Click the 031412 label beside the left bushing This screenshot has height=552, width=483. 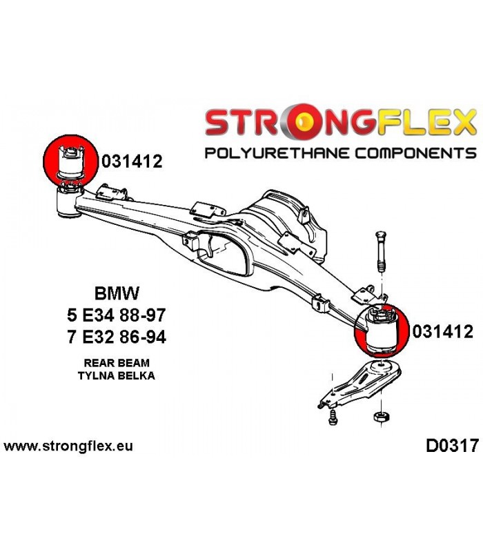(132, 161)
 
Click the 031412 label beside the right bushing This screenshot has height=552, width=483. (443, 331)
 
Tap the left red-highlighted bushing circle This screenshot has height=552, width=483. (70, 160)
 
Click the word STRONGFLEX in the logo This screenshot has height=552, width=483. (340, 122)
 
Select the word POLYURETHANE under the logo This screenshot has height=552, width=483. (277, 153)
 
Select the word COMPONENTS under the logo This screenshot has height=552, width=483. (415, 153)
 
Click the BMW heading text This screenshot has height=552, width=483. (117, 293)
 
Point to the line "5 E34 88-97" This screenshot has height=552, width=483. (117, 315)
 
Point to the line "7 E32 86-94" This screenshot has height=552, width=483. (117, 337)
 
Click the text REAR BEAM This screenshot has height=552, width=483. (117, 363)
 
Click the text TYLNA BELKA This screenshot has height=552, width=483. (117, 375)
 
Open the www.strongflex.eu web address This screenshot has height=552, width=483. (68, 446)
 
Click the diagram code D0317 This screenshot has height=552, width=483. (453, 445)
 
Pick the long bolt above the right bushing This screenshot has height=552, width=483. (381, 251)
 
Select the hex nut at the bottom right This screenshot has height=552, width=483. (381, 417)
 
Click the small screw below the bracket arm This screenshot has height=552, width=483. (333, 419)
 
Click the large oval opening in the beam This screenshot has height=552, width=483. (222, 253)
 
